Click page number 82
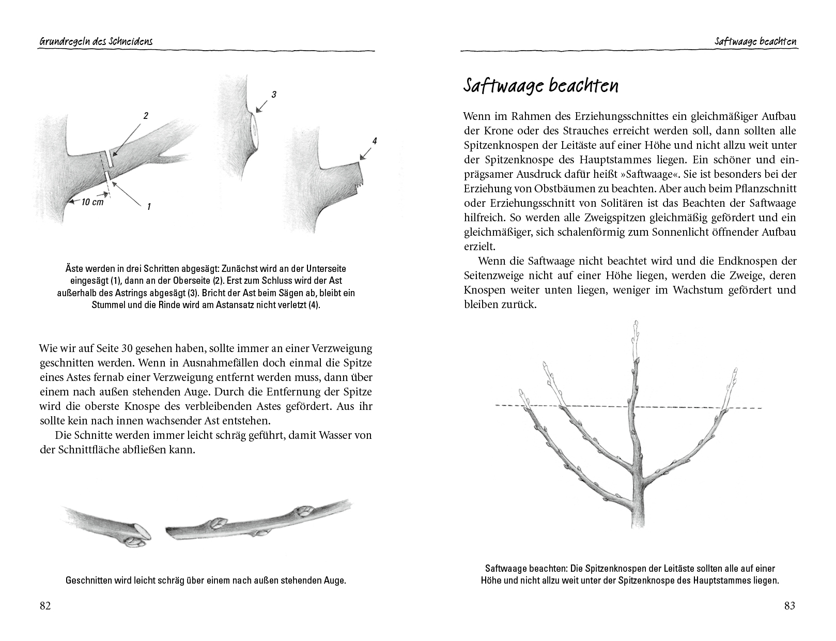tap(45, 606)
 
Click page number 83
tap(789, 606)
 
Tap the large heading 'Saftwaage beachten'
tap(540, 86)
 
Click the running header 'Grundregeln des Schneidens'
tap(96, 42)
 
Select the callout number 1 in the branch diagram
tap(149, 206)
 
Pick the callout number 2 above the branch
tap(146, 116)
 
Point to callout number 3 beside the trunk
tap(274, 94)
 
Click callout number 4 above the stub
tap(374, 141)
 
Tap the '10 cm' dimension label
tap(92, 202)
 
